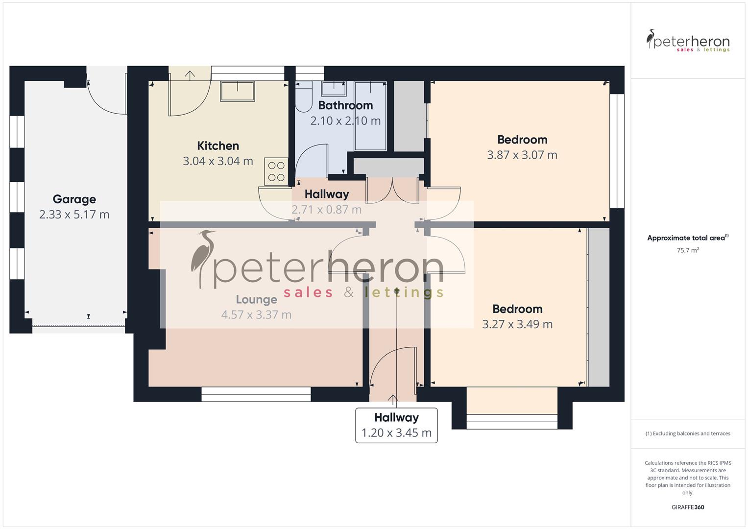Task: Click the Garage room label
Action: pos(74,199)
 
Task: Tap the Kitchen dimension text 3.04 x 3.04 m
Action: pos(218,161)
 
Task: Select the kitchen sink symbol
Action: pos(238,91)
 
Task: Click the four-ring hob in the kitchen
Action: pos(276,171)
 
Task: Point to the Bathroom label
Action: pos(345,105)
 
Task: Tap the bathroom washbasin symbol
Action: pos(334,89)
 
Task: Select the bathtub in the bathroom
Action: pos(370,116)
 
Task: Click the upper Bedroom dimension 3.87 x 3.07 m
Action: pos(522,155)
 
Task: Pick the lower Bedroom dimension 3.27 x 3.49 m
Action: pos(517,324)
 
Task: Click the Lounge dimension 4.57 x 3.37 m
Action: pos(256,315)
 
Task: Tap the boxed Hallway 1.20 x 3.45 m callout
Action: pos(396,425)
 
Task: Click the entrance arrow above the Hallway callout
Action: pos(393,400)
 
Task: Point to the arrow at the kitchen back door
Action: pos(190,74)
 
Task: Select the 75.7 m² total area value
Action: pos(688,250)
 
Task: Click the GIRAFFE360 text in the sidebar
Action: pos(688,507)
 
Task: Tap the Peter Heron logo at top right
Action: pos(688,41)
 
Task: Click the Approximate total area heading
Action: pos(687,238)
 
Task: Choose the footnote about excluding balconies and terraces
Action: pos(688,433)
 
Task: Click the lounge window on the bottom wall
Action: pos(256,394)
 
